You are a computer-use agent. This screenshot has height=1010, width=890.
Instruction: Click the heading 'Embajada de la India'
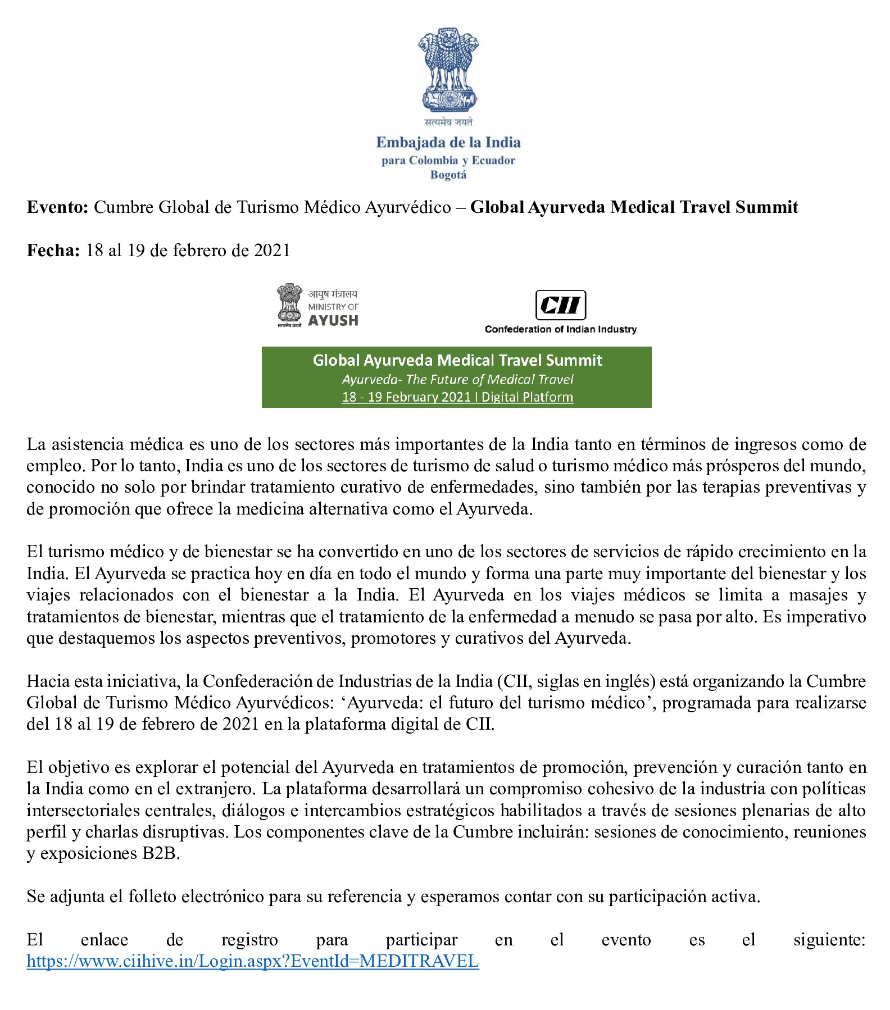pos(448,142)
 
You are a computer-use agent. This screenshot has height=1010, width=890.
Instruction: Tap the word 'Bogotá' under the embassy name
pos(448,175)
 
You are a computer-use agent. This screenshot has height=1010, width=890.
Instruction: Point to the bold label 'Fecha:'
pos(53,250)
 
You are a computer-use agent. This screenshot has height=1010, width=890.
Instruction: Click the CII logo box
pos(560,305)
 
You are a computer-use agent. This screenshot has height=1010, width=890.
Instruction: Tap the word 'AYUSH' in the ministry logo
pos(333,321)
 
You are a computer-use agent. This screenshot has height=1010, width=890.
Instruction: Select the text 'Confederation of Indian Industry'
pos(561,329)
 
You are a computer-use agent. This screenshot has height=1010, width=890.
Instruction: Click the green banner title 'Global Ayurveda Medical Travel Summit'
pos(457,360)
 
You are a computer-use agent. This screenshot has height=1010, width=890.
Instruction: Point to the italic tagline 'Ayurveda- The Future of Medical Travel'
pos(457,379)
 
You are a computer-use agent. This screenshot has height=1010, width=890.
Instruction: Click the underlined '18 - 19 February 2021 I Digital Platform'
pos(457,397)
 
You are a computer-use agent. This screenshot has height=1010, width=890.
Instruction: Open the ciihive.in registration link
pos(253,961)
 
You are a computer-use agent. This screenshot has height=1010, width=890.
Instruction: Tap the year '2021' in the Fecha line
pos(272,250)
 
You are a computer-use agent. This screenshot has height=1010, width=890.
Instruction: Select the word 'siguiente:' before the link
pos(829,940)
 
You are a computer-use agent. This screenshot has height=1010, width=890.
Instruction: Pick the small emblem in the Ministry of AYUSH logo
pos(289,305)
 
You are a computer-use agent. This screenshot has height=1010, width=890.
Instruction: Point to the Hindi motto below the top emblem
pos(448,122)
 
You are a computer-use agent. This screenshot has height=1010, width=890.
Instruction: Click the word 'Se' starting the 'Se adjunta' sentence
pos(35,897)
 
